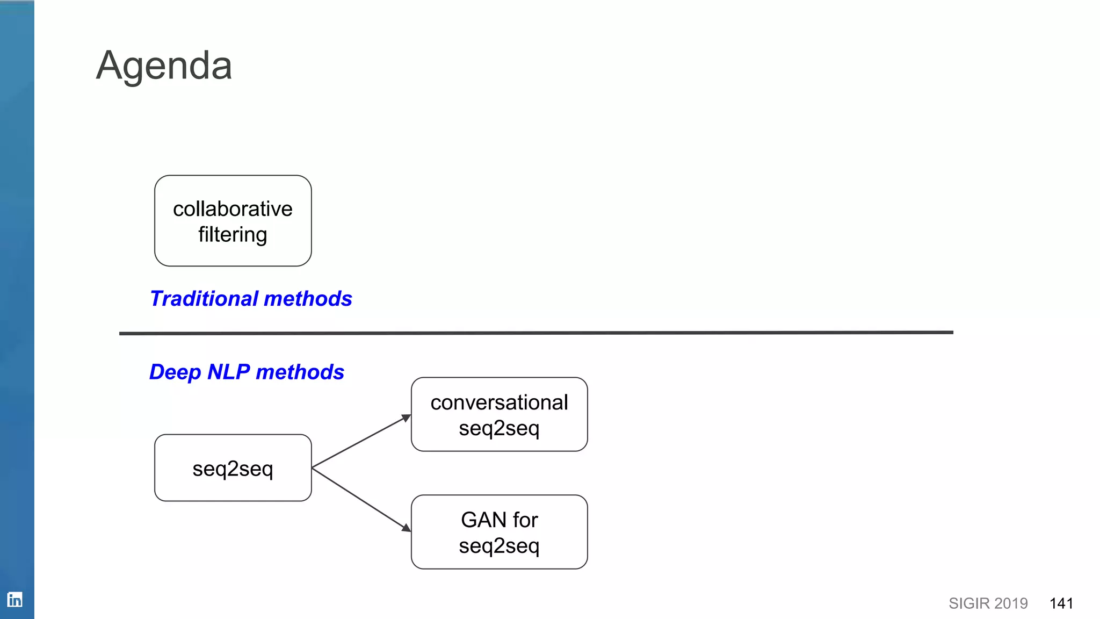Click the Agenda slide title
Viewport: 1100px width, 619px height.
tap(164, 66)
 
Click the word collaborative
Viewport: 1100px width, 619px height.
tap(233, 209)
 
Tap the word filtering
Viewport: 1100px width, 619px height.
tap(233, 235)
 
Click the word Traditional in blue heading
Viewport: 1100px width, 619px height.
tap(204, 299)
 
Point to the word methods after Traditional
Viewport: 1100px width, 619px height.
tap(308, 299)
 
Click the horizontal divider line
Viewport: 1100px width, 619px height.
tap(536, 333)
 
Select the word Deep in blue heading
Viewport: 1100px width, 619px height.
tap(175, 372)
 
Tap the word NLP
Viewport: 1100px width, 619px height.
tap(229, 372)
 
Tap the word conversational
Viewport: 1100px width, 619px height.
tap(499, 402)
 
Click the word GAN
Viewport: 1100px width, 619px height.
tap(483, 520)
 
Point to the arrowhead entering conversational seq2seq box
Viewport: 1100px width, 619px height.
tap(407, 418)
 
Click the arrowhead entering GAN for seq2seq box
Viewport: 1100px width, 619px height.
tap(407, 528)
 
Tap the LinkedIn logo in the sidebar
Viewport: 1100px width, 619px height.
tap(15, 599)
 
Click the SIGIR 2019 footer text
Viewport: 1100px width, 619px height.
tap(988, 603)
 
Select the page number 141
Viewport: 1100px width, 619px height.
tap(1061, 603)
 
